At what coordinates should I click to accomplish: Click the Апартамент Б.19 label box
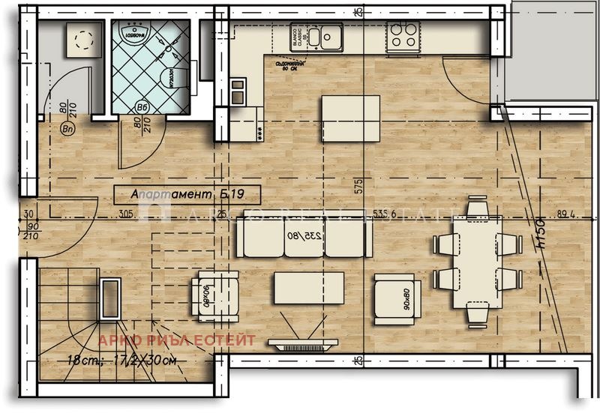pyautogui.click(x=187, y=195)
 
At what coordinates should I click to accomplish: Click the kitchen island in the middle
pyautogui.click(x=350, y=118)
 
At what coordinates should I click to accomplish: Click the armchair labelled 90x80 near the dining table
pyautogui.click(x=397, y=298)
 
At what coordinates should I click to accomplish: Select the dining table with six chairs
pyautogui.click(x=475, y=262)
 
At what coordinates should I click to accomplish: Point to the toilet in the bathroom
pyautogui.click(x=172, y=79)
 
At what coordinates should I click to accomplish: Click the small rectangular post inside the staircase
pyautogui.click(x=109, y=299)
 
